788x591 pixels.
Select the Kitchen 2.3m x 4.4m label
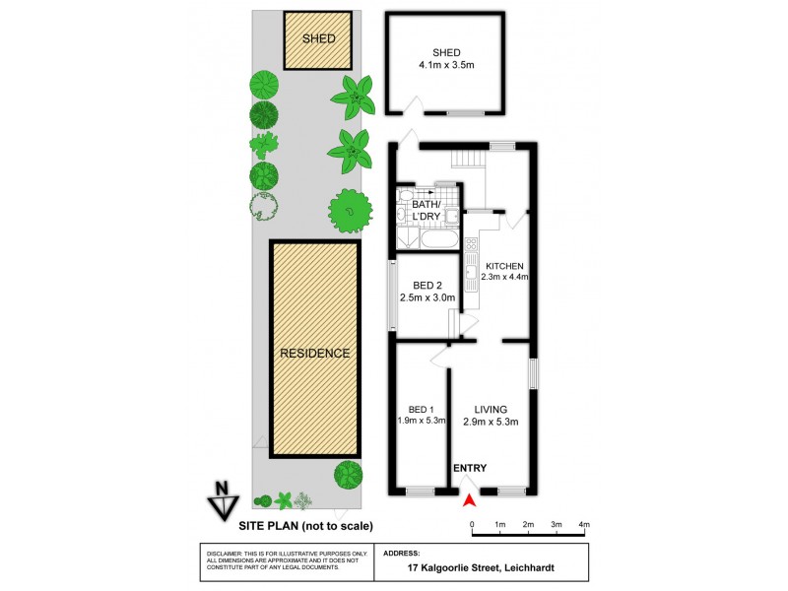pyautogui.click(x=505, y=272)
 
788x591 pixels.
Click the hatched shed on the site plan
pyautogui.click(x=319, y=40)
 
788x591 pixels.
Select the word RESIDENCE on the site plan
pyautogui.click(x=314, y=353)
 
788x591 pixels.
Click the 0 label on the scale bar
pyautogui.click(x=472, y=523)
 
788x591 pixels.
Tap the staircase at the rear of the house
pyautogui.click(x=468, y=159)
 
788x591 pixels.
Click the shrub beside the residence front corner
pyautogui.click(x=347, y=474)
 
